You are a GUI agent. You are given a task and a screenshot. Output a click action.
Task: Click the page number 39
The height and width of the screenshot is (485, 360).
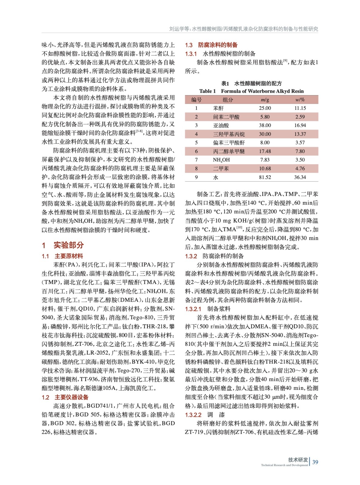click(x=315, y=462)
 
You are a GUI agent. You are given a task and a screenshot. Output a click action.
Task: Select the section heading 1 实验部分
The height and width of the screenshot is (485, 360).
click(x=63, y=245)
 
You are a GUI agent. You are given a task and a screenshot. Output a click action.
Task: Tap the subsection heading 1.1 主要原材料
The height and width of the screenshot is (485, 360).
click(x=62, y=256)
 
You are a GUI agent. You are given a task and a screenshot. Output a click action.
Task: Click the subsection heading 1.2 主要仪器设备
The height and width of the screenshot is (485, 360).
click(x=65, y=397)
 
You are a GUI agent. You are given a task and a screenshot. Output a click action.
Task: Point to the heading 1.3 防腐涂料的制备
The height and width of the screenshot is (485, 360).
click(x=211, y=45)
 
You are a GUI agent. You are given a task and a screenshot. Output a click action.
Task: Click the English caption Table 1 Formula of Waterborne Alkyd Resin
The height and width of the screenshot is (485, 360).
click(x=251, y=91)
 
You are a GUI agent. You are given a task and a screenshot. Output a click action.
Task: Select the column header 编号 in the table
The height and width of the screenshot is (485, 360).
click(x=196, y=100)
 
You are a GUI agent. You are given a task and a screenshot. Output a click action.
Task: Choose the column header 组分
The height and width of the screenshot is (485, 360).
click(x=228, y=100)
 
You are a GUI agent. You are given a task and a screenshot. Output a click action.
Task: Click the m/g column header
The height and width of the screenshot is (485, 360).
click(x=265, y=100)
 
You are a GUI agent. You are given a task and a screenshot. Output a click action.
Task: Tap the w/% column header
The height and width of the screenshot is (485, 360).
click(x=300, y=100)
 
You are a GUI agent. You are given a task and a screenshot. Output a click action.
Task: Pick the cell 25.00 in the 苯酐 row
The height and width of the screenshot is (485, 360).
click(x=265, y=108)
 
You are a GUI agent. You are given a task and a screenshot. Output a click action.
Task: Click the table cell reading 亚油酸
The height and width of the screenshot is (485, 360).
click(x=221, y=125)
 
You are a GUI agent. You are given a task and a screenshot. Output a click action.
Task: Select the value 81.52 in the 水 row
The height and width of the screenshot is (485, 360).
click(x=265, y=177)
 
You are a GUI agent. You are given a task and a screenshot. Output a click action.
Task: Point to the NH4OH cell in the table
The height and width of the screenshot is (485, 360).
click(x=221, y=160)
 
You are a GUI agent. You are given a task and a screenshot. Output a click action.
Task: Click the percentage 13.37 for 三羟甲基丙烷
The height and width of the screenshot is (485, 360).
click(x=300, y=134)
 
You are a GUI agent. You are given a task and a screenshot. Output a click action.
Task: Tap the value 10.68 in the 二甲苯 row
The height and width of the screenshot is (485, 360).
click(x=265, y=169)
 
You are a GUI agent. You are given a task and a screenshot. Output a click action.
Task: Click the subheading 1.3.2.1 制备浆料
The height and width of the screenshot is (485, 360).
click(x=208, y=309)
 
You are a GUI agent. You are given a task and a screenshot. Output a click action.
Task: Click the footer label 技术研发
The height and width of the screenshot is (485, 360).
click(x=298, y=460)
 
